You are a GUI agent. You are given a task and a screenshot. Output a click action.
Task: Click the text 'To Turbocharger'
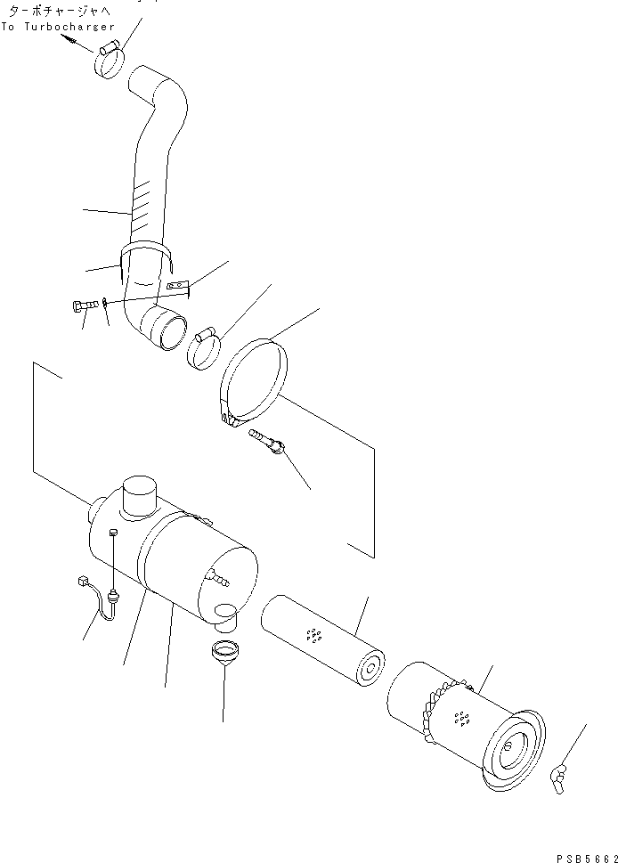coord(58,27)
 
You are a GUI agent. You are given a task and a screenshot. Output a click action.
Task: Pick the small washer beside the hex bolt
coord(106,304)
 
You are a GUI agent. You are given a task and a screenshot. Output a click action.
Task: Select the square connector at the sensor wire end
coord(84,584)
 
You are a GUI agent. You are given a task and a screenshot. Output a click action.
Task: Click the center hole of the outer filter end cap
coord(512,747)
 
